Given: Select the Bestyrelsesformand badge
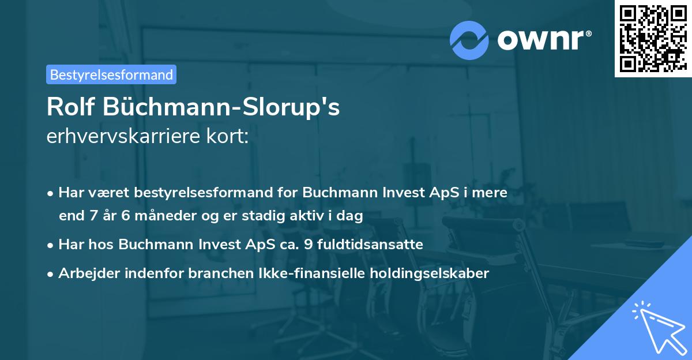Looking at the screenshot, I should (111, 74).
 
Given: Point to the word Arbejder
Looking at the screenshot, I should (86, 273).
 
